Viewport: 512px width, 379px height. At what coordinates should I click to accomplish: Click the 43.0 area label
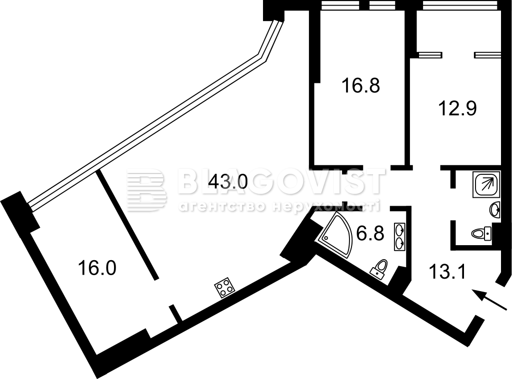[x=228, y=181]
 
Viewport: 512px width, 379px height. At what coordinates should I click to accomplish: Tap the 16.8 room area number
[x=360, y=86]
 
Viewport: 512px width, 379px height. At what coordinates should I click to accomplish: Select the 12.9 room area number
[x=457, y=108]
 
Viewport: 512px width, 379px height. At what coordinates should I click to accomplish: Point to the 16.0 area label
[x=97, y=269]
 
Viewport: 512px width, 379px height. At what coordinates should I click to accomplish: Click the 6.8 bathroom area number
[x=370, y=233]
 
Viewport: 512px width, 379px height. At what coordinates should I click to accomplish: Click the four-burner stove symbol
[x=224, y=287]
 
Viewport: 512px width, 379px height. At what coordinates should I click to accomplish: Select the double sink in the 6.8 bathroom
[x=399, y=236]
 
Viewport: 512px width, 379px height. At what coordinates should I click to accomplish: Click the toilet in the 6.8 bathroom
[x=379, y=269]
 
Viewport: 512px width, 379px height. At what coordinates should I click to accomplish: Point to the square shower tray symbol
[x=486, y=185]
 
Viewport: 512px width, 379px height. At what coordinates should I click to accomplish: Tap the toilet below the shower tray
[x=481, y=234]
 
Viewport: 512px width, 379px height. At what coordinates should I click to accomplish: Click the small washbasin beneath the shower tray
[x=495, y=210]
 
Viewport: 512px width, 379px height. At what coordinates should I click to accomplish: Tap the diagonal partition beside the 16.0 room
[x=127, y=224]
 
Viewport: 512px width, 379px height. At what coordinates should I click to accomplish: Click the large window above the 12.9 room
[x=461, y=5]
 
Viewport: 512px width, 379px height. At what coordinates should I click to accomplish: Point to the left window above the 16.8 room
[x=340, y=5]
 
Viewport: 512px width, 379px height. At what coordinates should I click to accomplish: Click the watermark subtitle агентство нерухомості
[x=279, y=206]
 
